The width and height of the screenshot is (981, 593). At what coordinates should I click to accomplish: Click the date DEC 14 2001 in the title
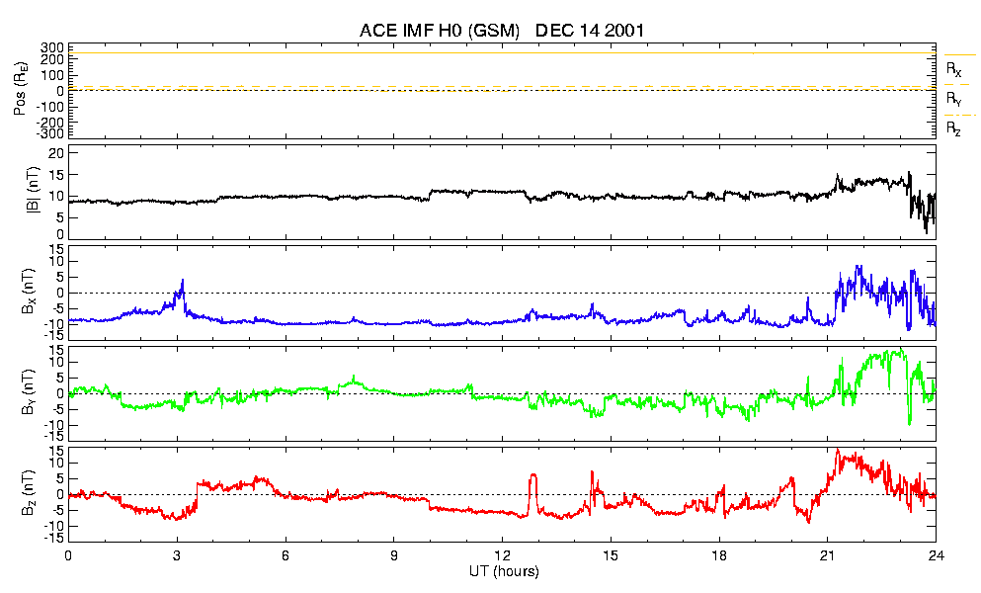coord(590,31)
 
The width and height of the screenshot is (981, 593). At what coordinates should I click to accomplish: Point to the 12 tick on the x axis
coord(502,556)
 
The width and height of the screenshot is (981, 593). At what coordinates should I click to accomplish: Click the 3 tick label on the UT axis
coord(177,556)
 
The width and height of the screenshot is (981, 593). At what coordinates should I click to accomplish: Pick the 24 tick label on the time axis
coord(936,556)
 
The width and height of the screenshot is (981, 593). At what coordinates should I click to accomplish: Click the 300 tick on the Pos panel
coord(52,47)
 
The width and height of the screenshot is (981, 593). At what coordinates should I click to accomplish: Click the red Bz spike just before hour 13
coord(533,476)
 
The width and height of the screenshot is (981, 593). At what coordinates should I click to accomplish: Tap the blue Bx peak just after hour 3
coord(182,282)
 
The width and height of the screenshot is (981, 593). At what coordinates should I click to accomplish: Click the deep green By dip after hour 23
coord(910,423)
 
